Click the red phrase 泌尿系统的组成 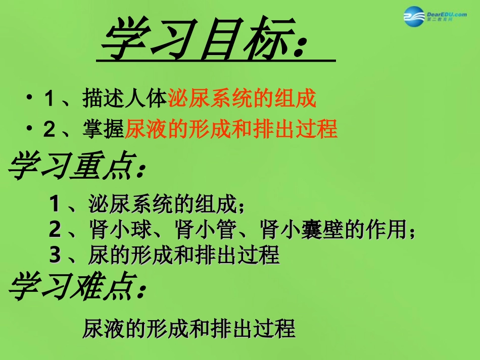pyautogui.click(x=242, y=98)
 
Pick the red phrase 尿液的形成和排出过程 pyautogui.click(x=231, y=130)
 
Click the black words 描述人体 pyautogui.click(x=125, y=98)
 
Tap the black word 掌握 pyautogui.click(x=104, y=130)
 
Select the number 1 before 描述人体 pyautogui.click(x=49, y=99)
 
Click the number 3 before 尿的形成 pyautogui.click(x=55, y=255)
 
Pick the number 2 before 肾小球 pyautogui.click(x=55, y=230)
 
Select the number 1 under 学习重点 pyautogui.click(x=55, y=204)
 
